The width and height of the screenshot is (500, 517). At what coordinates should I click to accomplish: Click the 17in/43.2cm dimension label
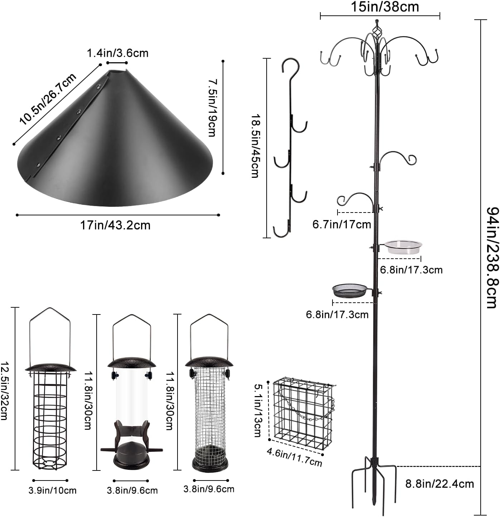(115, 225)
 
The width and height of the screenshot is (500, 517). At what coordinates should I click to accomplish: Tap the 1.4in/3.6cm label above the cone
(117, 53)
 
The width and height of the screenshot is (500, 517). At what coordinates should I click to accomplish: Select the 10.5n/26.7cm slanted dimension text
(48, 99)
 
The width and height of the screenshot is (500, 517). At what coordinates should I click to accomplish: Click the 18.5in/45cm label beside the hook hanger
(255, 146)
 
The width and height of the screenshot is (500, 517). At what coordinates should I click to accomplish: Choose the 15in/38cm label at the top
(384, 7)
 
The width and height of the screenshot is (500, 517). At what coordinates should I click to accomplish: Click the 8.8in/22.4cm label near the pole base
(440, 484)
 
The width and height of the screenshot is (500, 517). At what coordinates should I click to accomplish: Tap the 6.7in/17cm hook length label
(341, 225)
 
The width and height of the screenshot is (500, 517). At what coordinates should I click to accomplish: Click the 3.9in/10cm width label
(52, 490)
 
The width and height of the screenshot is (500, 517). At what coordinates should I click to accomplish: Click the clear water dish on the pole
(403, 247)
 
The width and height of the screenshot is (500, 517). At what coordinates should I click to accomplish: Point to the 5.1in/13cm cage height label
(258, 410)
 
